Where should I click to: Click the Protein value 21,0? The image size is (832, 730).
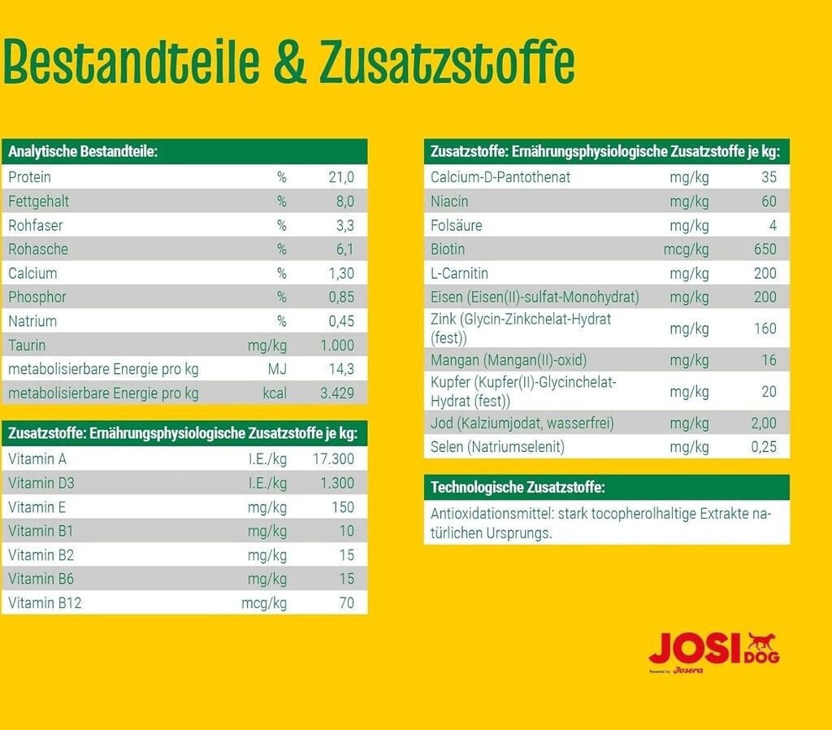tap(340, 177)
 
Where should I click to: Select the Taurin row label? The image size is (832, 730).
tap(27, 345)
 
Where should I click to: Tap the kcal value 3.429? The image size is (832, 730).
tap(337, 393)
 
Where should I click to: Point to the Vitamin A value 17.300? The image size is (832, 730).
tap(334, 459)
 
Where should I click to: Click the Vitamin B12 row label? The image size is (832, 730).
tap(45, 603)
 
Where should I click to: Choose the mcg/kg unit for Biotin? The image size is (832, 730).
tap(686, 250)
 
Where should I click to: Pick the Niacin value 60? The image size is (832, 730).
tap(769, 202)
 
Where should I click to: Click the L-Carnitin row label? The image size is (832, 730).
tap(459, 273)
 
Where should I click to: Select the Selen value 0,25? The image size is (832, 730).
tap(764, 447)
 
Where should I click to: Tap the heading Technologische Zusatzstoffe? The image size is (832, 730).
tap(517, 488)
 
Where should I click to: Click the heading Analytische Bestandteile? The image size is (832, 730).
tap(82, 152)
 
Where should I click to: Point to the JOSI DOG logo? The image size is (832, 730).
tap(713, 651)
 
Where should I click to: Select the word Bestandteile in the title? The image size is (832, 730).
tap(132, 62)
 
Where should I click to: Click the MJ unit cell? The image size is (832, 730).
tap(277, 369)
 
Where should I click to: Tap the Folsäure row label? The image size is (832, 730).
tap(456, 225)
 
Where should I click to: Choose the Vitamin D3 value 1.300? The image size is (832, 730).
tap(337, 484)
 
